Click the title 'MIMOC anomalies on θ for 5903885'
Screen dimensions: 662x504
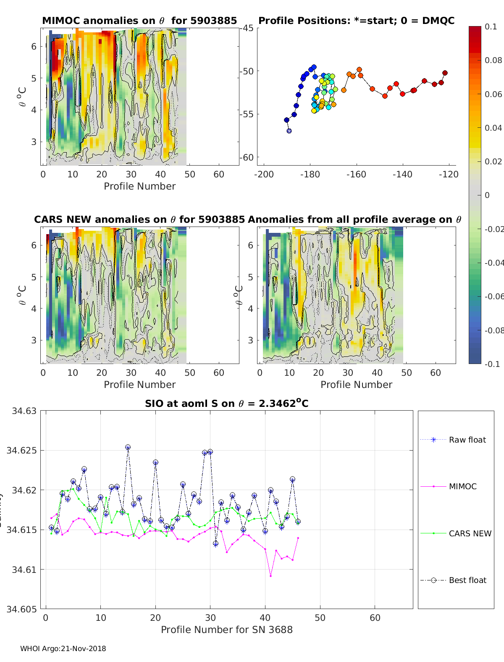click(139, 21)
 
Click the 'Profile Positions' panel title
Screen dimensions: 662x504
click(356, 21)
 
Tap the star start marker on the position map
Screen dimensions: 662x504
click(289, 131)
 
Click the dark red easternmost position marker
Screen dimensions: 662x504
click(445, 73)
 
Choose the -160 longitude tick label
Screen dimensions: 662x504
click(356, 174)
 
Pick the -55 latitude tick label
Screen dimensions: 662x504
click(247, 114)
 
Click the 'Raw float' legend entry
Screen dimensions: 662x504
click(467, 440)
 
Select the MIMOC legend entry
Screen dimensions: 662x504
click(462, 486)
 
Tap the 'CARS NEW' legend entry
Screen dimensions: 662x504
click(470, 533)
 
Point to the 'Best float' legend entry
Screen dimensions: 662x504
click(467, 580)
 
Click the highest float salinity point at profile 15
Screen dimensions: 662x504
click(128, 448)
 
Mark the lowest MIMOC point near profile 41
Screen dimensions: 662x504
click(270, 576)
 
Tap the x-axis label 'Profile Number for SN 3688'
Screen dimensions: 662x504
click(227, 630)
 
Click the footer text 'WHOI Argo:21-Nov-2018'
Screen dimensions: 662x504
click(63, 649)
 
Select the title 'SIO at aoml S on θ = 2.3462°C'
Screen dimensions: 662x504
click(227, 404)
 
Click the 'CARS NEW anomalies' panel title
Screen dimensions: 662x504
click(139, 219)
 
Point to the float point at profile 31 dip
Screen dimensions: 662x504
click(215, 543)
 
